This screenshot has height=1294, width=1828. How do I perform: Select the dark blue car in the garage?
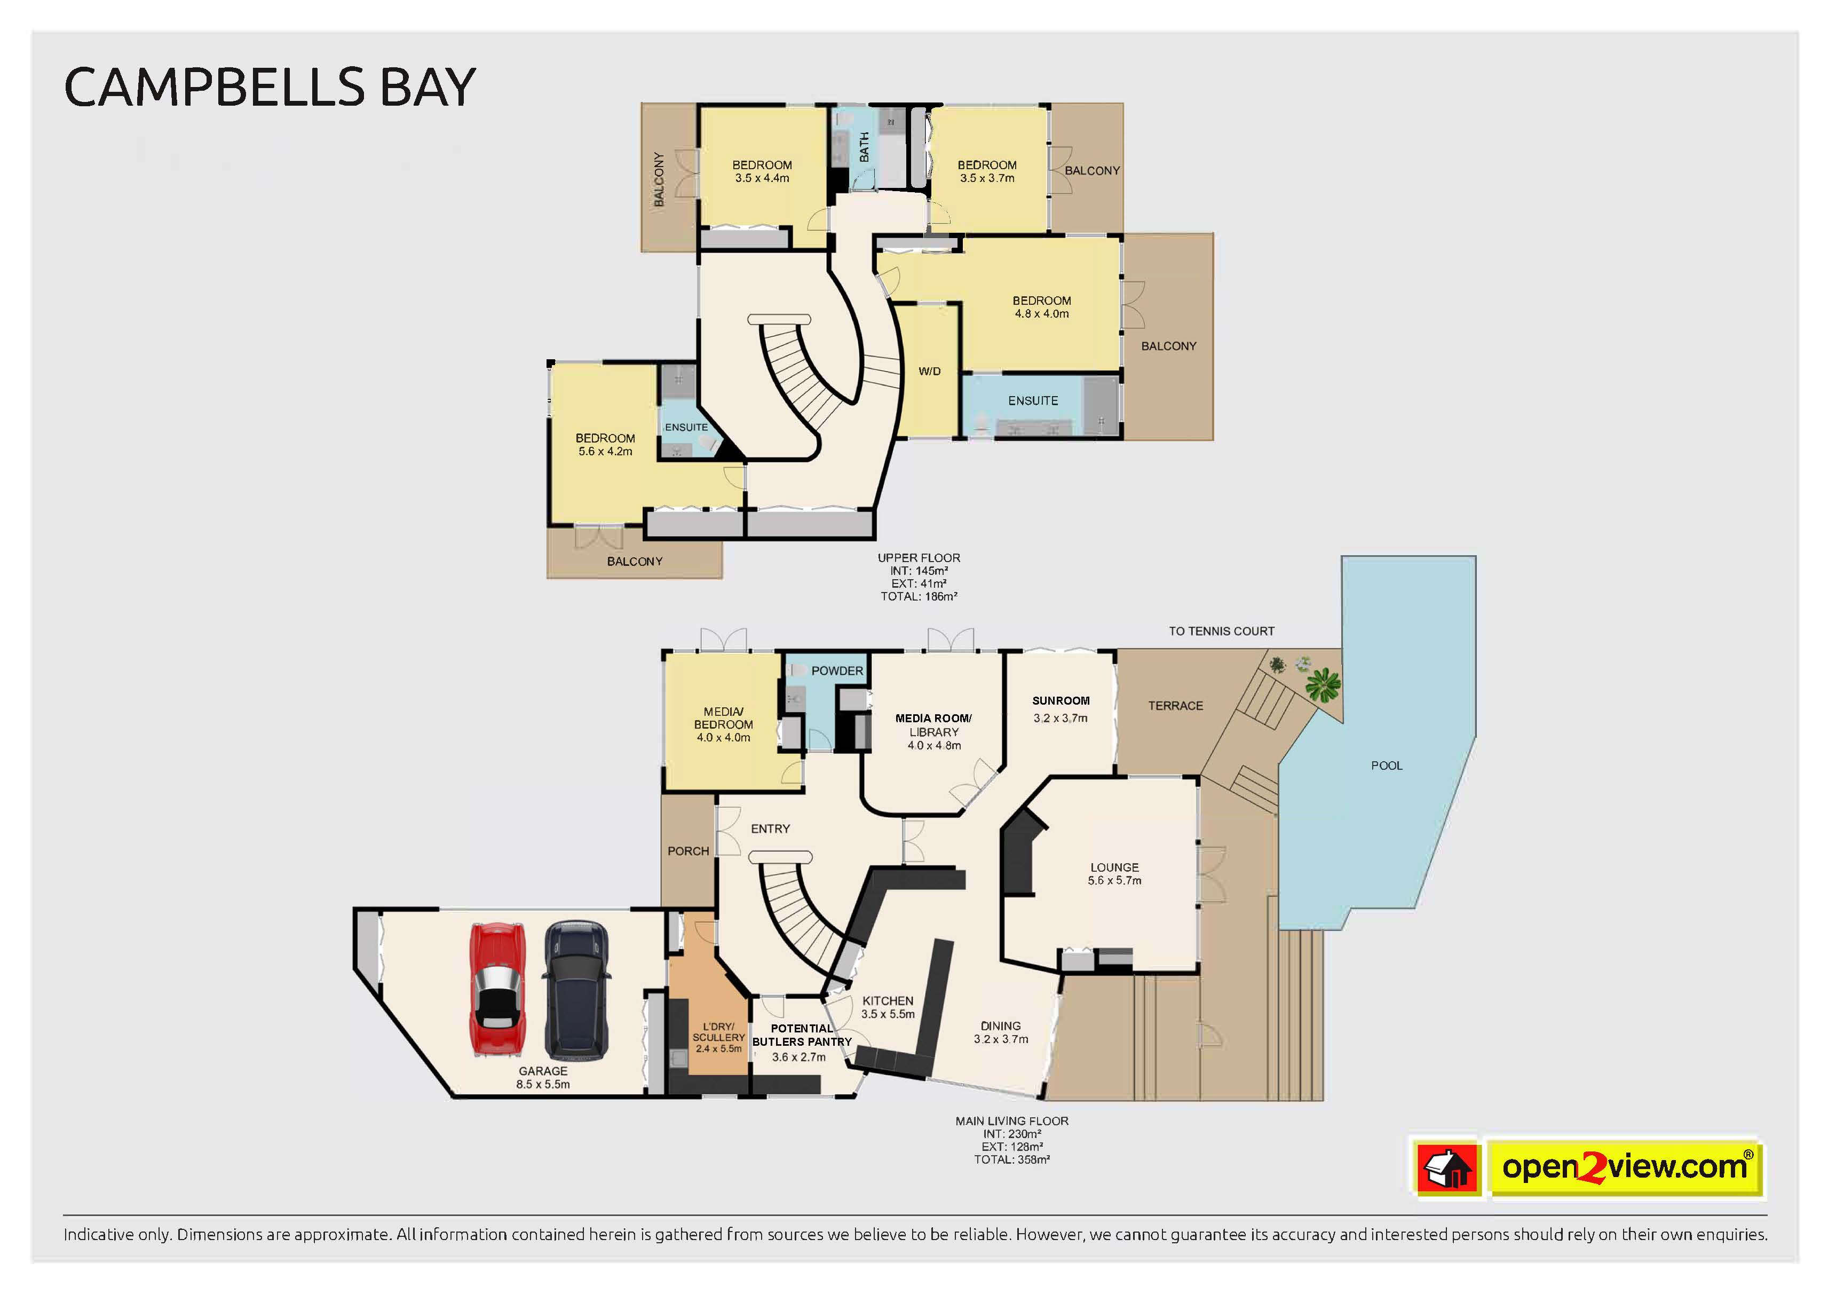click(x=576, y=990)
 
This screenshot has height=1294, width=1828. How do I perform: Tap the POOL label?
click(x=1387, y=766)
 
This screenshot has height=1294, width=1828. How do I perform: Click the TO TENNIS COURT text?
click(x=1221, y=631)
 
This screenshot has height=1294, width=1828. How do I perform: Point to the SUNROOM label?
click(x=1061, y=701)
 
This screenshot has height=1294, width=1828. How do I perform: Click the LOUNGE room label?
click(x=1114, y=867)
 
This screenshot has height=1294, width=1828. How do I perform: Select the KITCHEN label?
click(x=888, y=1001)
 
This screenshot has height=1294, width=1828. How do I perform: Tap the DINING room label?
click(x=1000, y=1026)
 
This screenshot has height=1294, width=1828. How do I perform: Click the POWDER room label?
click(x=837, y=671)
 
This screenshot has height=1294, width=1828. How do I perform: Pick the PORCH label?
click(x=688, y=851)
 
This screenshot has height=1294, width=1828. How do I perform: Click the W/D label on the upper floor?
click(x=930, y=372)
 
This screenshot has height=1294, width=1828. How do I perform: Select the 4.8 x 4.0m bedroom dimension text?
click(x=1042, y=314)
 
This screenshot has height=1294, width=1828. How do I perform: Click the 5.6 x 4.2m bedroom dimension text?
click(x=605, y=452)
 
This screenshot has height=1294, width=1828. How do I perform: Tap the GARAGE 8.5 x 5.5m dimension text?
click(x=543, y=1084)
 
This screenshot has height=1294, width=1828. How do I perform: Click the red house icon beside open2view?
click(x=1448, y=1168)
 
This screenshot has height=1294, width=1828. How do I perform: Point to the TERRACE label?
click(x=1176, y=706)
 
